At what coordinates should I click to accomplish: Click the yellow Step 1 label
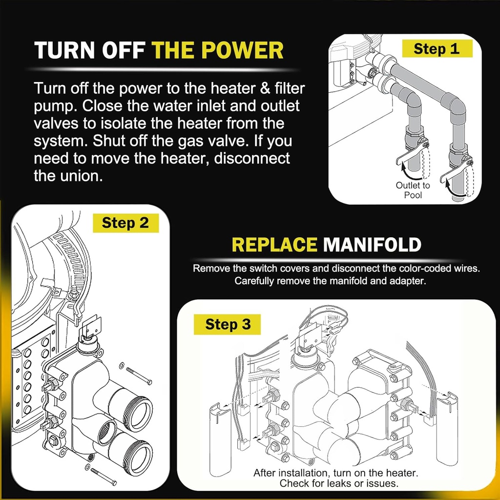(437, 49)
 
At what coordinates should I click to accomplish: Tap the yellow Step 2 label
(125, 223)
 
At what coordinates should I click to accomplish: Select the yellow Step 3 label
(228, 325)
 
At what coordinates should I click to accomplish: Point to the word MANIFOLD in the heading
(372, 244)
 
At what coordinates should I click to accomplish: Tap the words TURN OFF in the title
(90, 51)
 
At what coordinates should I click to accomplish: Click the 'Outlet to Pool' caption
(413, 190)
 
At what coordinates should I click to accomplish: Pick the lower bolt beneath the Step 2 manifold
(104, 476)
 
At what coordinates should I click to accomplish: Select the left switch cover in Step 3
(219, 439)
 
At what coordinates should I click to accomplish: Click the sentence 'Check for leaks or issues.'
(339, 483)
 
